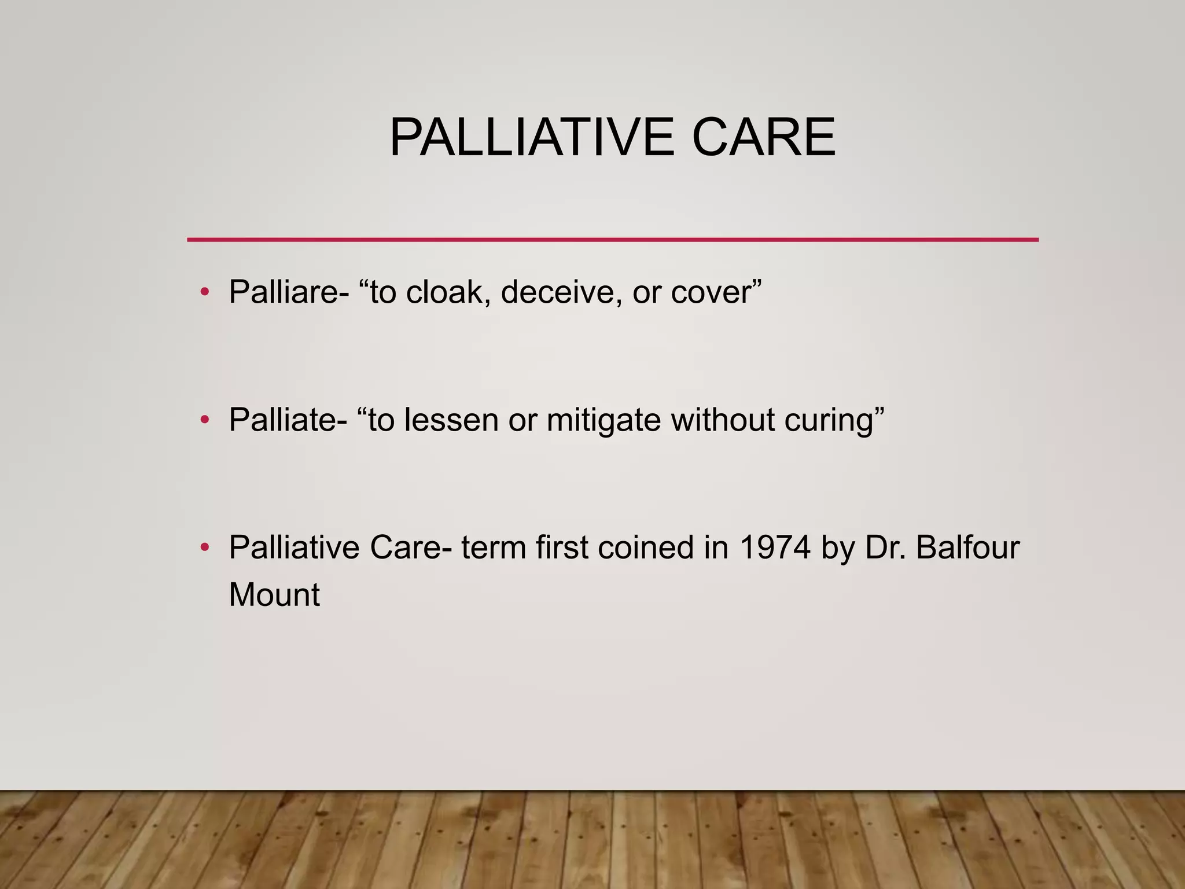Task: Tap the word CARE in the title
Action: click(763, 138)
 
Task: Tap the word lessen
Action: click(451, 420)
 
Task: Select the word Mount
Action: click(274, 595)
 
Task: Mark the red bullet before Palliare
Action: click(204, 292)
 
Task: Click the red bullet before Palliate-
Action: click(204, 420)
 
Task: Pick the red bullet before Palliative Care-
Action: click(204, 548)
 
